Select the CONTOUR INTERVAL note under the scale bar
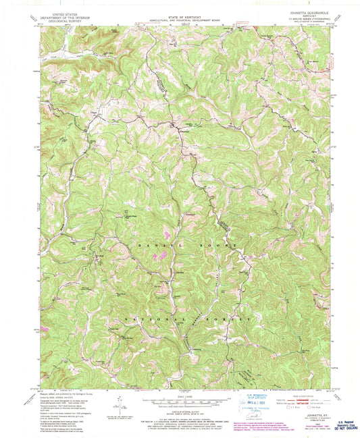click(x=180, y=410)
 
